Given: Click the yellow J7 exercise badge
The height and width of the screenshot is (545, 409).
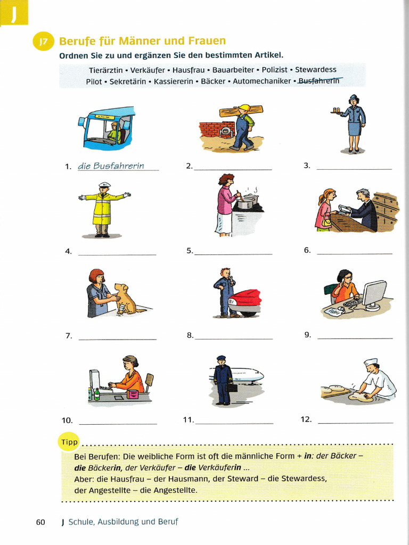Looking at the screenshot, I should coord(43,42).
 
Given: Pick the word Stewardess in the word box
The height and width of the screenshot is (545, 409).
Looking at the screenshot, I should coord(316,70).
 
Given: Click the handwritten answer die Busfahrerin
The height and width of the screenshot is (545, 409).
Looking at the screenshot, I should coord(111,166).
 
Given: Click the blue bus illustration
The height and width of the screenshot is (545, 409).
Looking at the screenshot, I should coord(107,128).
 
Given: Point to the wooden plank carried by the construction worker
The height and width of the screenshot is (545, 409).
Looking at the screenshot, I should coord(241,111).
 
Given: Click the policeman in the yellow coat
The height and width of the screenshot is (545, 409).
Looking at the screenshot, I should coord(102,209).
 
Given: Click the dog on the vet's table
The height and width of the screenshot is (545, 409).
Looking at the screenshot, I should coord(125,299).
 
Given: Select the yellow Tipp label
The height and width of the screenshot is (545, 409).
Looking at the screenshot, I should coord(69,442).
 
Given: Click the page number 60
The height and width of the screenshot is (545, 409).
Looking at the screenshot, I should coord(40,522).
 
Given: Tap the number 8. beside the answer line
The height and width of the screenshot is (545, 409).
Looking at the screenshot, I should coord(190,335).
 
